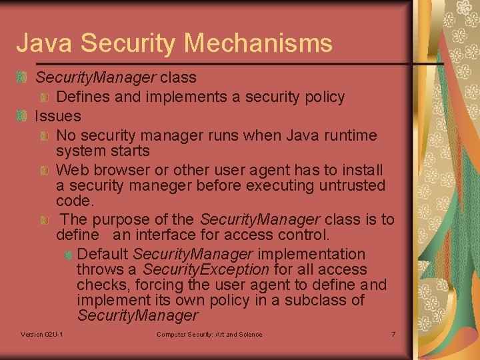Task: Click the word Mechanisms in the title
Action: coord(258,43)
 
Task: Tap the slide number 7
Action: coord(393,334)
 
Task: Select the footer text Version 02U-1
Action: coord(42,334)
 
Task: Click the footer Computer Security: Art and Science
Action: coord(209,334)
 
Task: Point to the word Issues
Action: coord(57,116)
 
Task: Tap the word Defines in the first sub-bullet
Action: coord(83,97)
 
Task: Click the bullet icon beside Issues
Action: coord(22,117)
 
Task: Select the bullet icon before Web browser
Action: coord(45,171)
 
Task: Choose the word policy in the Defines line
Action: coord(322,97)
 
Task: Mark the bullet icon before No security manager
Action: coord(45,137)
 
